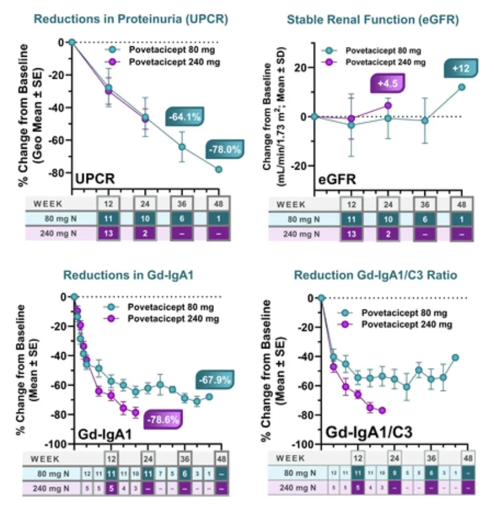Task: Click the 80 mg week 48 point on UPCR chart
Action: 219,169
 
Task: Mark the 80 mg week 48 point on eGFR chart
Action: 462,87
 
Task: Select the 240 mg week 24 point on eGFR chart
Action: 388,106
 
